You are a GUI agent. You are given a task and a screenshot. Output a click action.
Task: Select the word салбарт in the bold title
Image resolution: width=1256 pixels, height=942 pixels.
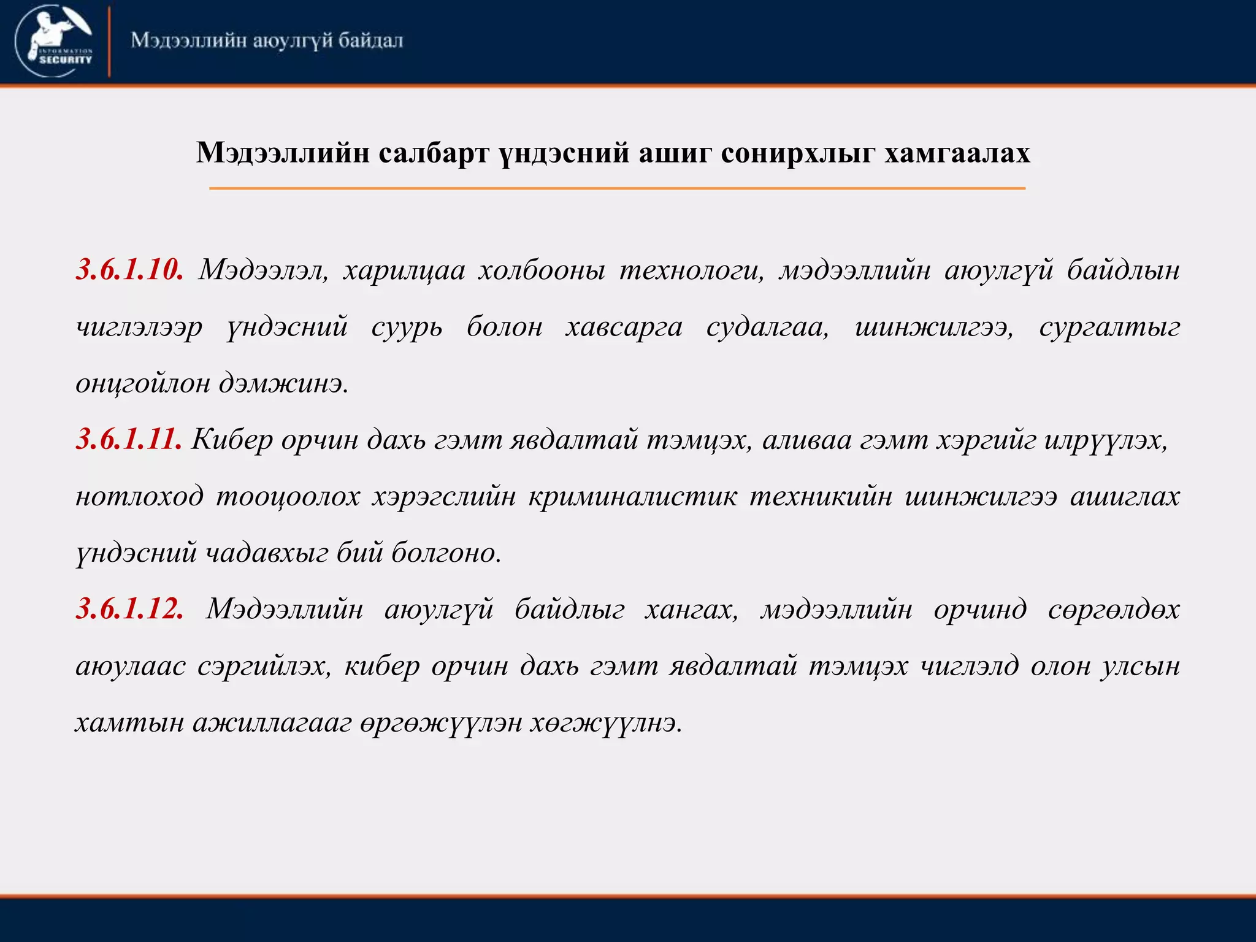[x=434, y=153]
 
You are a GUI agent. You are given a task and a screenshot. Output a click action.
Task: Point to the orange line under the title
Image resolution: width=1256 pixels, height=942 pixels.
[x=617, y=188]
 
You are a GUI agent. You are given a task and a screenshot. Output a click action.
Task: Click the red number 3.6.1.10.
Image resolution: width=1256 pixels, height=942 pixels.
[x=129, y=270]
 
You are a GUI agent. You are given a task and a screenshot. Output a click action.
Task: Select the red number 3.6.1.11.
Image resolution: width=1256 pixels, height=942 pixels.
[x=129, y=440]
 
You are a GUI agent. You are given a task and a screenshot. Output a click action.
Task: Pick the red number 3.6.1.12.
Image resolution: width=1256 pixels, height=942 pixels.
[x=129, y=609]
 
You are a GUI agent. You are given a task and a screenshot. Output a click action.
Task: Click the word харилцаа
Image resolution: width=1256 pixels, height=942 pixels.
[x=404, y=270]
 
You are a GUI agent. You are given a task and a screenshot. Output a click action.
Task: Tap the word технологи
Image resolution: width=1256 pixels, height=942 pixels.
[x=692, y=270]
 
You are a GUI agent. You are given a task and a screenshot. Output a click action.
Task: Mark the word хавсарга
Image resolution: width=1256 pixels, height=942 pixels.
[x=624, y=327]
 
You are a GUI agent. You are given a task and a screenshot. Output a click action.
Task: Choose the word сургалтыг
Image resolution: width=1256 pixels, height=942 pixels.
[x=1109, y=327]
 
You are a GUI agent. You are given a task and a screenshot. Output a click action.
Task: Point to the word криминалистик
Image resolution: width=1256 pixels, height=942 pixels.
[x=632, y=496]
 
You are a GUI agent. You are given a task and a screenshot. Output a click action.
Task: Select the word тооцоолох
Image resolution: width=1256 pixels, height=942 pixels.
[x=288, y=496]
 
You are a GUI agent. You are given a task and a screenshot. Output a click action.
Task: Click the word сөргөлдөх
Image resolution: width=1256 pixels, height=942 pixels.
[x=1114, y=609]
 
